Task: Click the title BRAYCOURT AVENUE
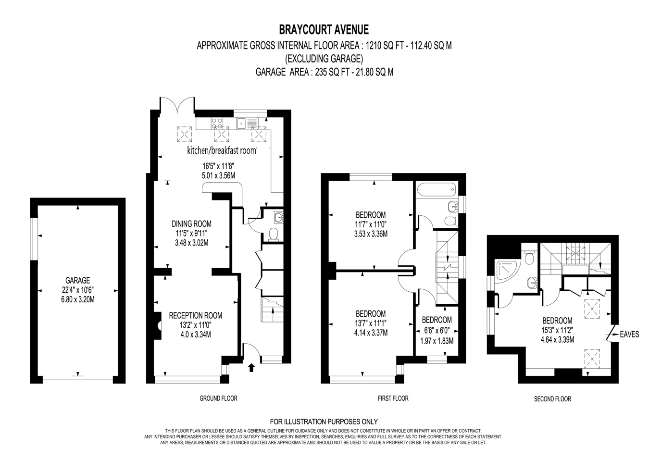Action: pos(324,29)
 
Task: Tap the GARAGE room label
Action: pos(78,280)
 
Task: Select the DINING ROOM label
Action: pos(191,223)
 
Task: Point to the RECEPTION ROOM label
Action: pos(196,315)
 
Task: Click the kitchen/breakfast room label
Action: pos(222,150)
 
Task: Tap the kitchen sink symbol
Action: pos(248,123)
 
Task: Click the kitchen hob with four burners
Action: pos(217,123)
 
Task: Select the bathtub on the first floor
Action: pos(437,190)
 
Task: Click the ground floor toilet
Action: pos(273,235)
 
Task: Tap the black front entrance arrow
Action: pos(251,368)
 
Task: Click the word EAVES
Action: pos(629,335)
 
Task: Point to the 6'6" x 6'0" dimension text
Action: pos(437,330)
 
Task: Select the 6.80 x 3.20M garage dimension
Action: pos(78,299)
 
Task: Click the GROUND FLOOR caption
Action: pos(218,398)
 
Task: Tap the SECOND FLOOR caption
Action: pos(552,399)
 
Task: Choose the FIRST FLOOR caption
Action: pos(393,398)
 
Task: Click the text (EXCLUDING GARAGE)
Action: pos(324,59)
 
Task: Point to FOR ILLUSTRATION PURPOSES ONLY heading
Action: pos(324,422)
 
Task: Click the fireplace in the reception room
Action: pos(158,325)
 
